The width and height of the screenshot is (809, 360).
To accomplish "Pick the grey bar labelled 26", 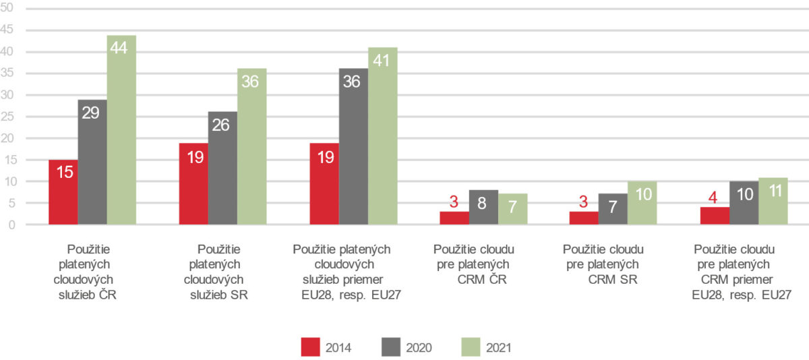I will [x=222, y=168].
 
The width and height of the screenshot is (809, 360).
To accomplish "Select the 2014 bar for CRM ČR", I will [x=454, y=218].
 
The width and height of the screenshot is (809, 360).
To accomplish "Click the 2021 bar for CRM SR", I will [x=642, y=203].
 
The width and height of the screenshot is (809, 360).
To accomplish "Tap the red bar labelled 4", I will [x=715, y=216].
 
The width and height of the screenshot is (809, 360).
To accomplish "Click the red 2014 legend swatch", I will [x=311, y=347].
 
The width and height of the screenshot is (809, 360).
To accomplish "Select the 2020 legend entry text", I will [x=419, y=348].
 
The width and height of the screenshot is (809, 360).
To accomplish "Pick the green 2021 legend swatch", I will [x=472, y=347].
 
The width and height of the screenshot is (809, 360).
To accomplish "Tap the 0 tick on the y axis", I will [x=11, y=224].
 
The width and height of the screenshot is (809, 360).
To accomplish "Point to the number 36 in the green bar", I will [x=251, y=81].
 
